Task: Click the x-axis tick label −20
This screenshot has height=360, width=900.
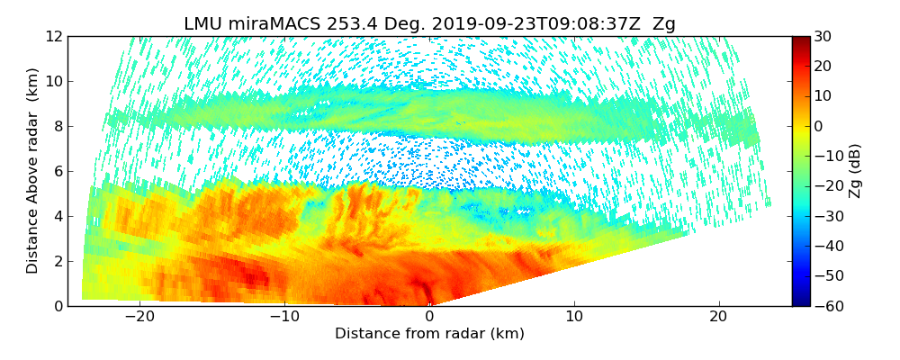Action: click(139, 317)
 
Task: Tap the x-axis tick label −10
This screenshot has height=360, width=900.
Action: click(284, 317)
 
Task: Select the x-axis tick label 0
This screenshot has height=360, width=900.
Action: click(429, 317)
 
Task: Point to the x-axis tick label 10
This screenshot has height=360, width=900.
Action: click(574, 317)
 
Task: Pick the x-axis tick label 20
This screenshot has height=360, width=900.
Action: click(718, 317)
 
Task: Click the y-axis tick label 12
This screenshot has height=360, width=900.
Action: click(53, 36)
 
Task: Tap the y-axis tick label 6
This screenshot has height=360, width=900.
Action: click(57, 171)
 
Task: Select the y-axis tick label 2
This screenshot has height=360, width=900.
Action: click(57, 261)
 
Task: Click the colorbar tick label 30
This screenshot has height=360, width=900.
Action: click(823, 36)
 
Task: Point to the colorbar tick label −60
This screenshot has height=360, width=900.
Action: click(826, 306)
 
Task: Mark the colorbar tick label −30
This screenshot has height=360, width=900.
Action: click(826, 216)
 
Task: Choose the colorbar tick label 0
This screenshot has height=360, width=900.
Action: click(818, 126)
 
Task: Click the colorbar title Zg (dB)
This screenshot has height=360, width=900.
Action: click(856, 171)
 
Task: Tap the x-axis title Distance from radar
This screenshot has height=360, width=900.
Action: click(429, 334)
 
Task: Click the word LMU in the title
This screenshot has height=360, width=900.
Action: click(204, 24)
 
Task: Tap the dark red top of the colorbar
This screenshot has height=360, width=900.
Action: click(800, 40)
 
